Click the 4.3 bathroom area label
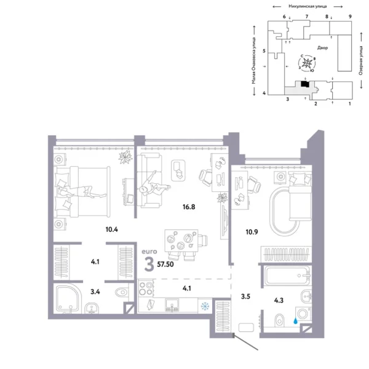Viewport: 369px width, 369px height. [278, 301]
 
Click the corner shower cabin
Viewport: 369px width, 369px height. [68, 298]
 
